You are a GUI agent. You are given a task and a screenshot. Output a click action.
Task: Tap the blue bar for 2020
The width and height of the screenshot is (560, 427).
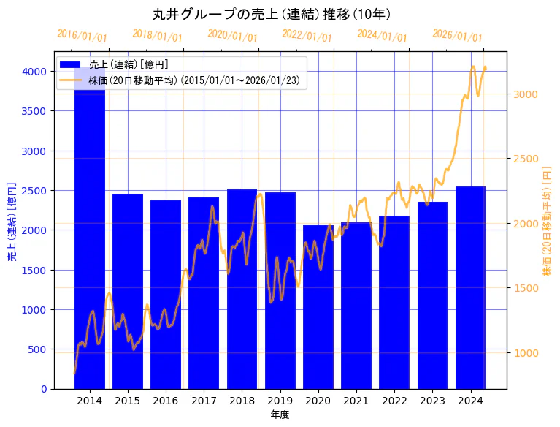pos(318,307)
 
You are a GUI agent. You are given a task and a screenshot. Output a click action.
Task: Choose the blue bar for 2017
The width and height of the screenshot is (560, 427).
pos(204,292)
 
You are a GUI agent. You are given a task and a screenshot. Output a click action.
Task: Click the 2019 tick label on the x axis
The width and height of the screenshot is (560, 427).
pos(280,401)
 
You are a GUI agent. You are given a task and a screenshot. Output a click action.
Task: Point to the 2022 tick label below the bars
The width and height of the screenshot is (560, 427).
pos(394,401)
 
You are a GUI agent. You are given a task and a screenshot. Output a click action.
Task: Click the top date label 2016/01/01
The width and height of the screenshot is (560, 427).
pos(82,36)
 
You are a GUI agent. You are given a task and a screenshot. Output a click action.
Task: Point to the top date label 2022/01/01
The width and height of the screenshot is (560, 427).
pos(307,36)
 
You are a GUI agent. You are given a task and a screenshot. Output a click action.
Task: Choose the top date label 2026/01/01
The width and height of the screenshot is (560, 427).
pos(457,36)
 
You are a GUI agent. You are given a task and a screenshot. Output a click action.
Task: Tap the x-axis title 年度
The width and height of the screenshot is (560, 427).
pos(280,415)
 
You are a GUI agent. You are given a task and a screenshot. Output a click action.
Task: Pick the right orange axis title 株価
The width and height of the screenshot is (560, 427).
pos(547,220)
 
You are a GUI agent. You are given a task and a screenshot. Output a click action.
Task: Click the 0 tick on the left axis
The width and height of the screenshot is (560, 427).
pos(45,389)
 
